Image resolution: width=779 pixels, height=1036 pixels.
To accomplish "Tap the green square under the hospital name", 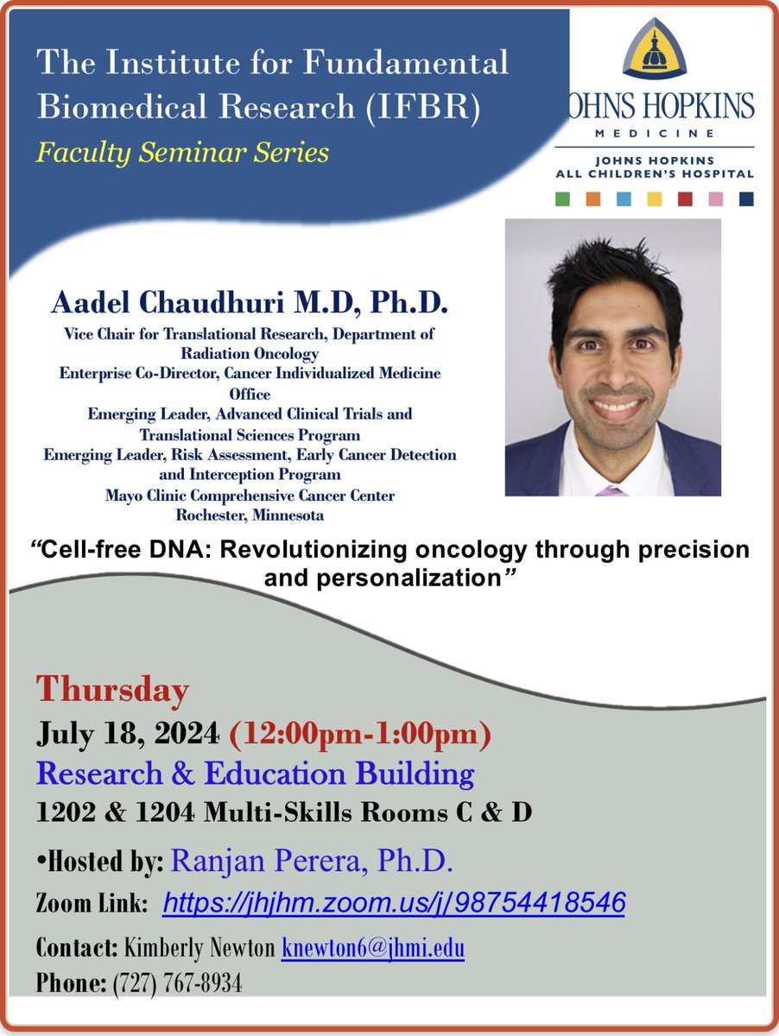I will pos(563,199).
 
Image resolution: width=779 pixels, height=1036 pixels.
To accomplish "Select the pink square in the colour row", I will pos(716,199).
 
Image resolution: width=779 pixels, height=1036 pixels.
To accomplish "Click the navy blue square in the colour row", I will pos(746,199).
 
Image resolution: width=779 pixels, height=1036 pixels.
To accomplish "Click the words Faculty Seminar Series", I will pos(182,153).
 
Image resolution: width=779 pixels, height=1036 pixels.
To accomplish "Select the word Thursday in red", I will pos(112,691).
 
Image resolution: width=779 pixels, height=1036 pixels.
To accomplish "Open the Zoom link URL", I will pos(393,903).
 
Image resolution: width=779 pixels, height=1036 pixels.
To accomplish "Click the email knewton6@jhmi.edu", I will pos(373,949).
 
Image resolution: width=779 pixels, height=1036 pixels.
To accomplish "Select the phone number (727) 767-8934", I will pos(177,982).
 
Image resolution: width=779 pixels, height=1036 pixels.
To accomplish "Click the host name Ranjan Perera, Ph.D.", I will pos(312,859).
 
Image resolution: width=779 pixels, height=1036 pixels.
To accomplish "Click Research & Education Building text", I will pos(255,774).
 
